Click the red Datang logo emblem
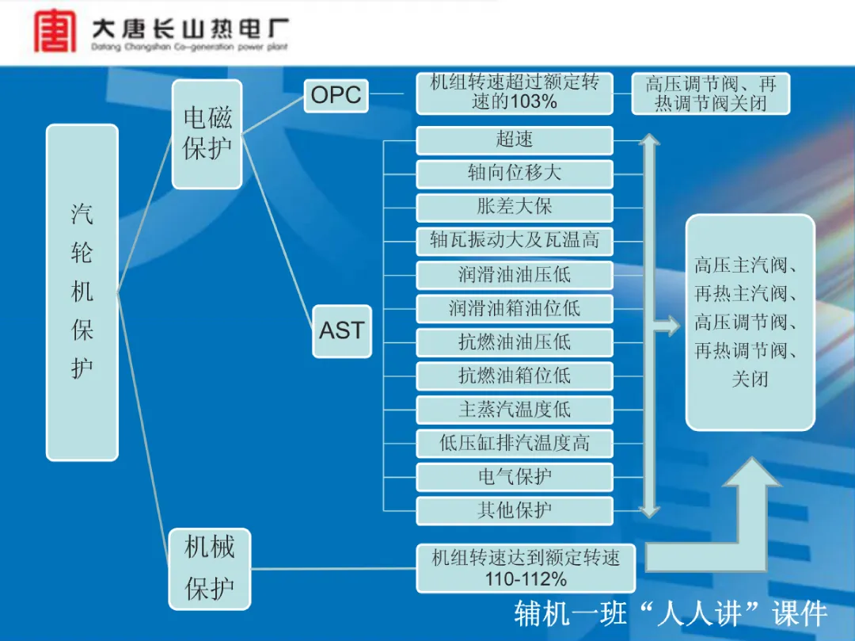[x=55, y=32]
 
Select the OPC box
[x=336, y=95]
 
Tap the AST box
[x=342, y=331]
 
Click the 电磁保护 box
[x=207, y=134]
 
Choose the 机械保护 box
[x=209, y=569]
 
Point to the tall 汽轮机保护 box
[x=82, y=292]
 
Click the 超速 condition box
[x=515, y=140]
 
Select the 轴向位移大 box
[x=515, y=174]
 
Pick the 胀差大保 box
[x=515, y=208]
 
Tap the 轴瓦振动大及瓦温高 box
[x=515, y=241]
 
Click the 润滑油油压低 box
[x=515, y=275]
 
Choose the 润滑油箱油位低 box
[x=515, y=309]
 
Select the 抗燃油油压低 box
[x=515, y=342]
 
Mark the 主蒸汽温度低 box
[x=515, y=410]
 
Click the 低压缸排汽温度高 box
[x=515, y=444]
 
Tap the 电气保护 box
[x=515, y=477]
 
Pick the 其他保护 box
[x=515, y=510]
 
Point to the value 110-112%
[x=526, y=579]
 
